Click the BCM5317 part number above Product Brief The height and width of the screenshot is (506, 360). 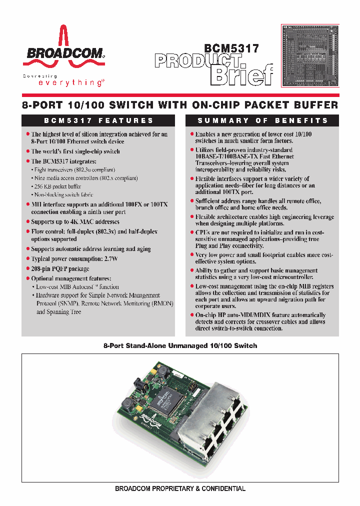point(231,49)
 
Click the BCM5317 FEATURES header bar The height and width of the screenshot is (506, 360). point(98,120)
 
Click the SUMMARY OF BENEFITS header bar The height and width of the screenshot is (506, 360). point(262,120)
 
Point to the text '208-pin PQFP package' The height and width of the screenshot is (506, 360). point(60,268)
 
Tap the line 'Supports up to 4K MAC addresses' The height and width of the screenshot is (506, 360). point(75,221)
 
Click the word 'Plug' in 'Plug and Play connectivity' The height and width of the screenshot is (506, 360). point(202,246)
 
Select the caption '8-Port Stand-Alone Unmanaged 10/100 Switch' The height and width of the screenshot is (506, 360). point(180,345)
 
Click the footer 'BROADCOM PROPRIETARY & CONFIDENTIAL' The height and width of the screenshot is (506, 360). point(180,488)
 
